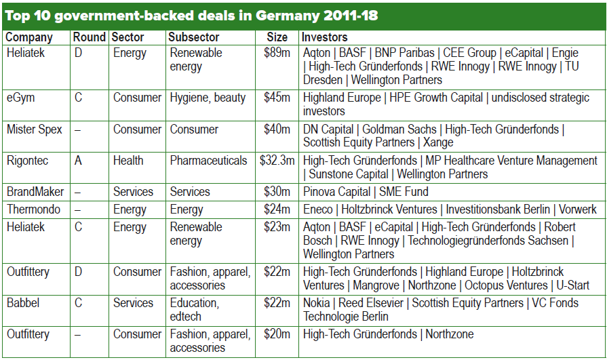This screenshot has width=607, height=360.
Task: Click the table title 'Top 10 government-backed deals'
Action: [x=191, y=14]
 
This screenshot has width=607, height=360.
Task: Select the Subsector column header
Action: [x=194, y=37]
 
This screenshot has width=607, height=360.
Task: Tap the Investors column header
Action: [x=325, y=37]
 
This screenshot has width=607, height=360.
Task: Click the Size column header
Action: [x=276, y=37]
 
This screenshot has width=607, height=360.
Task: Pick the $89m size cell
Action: [x=277, y=53]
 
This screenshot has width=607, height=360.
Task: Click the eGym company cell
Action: [x=21, y=98]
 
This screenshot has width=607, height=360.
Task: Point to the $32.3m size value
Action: [x=277, y=161]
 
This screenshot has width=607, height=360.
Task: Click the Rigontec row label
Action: [x=28, y=161]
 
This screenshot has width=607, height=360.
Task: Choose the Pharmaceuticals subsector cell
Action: [x=208, y=161]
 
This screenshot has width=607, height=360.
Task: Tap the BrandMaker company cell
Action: [x=35, y=192]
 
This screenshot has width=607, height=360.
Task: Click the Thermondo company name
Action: [x=33, y=209]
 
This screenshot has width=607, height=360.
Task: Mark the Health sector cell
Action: [x=128, y=161]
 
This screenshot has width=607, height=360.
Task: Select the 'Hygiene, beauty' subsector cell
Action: [x=208, y=98]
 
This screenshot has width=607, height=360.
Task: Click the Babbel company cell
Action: [x=24, y=303]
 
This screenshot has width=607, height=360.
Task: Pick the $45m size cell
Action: [x=277, y=98]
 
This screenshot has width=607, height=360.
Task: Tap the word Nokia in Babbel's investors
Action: [x=317, y=303]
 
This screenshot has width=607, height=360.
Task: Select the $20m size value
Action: [x=277, y=334]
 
